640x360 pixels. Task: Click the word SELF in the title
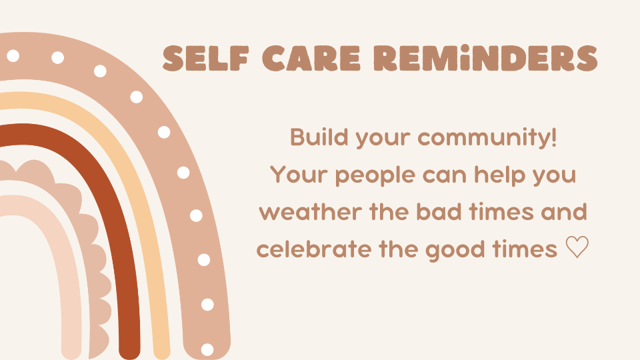coord(206,59)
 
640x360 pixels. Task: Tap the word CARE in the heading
coord(311,59)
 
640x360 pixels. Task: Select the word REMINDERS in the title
coord(486,59)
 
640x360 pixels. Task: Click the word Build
coord(319,137)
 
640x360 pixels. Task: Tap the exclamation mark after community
coord(553,137)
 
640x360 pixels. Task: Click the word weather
coord(310,212)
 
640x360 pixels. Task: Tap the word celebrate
coord(313,249)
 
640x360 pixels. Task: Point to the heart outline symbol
coord(577,247)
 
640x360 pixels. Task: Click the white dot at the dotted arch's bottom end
coord(207,349)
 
